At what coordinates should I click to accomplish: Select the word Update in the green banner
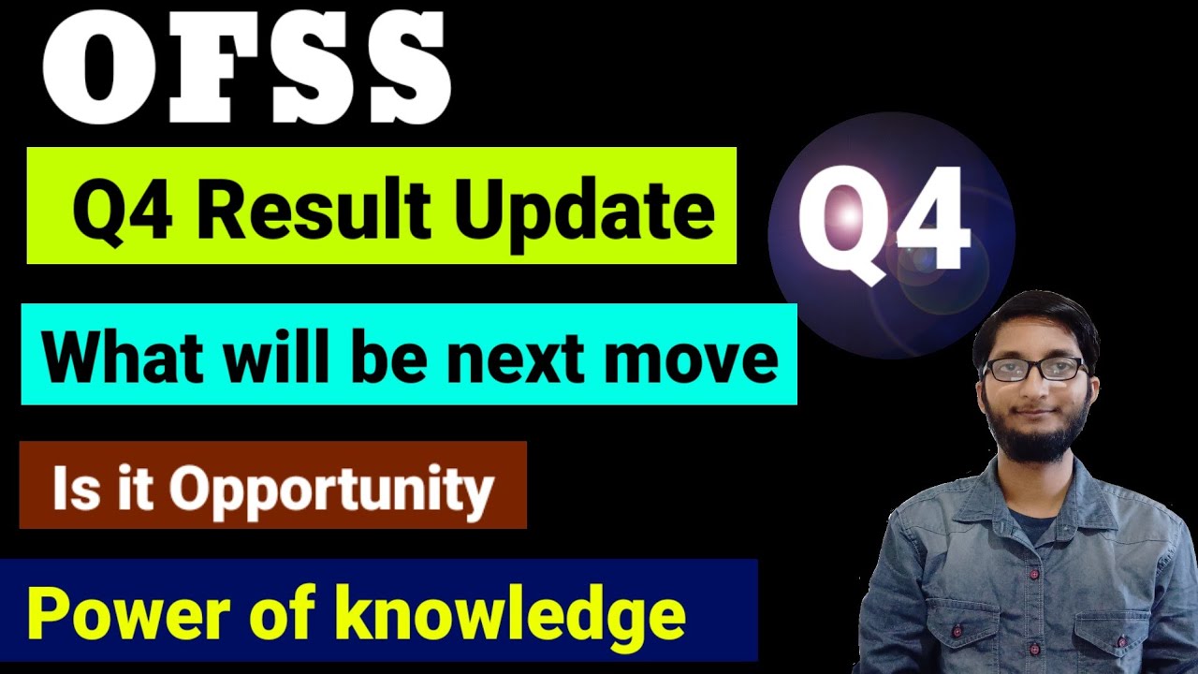click(x=585, y=212)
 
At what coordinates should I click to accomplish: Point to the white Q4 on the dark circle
click(x=881, y=226)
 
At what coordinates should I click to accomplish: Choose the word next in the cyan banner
click(x=507, y=359)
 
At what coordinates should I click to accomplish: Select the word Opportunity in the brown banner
click(x=331, y=489)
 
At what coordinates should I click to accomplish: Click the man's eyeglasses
click(x=1033, y=368)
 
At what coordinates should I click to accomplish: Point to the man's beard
click(x=1035, y=436)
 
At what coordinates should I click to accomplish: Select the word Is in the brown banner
click(x=71, y=487)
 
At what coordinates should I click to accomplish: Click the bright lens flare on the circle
click(x=848, y=217)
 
